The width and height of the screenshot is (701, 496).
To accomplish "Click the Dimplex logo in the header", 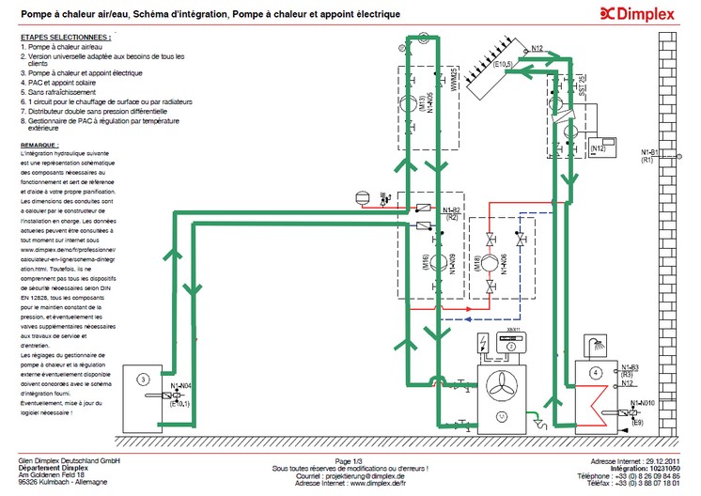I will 640,13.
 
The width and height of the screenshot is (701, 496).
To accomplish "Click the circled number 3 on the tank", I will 142,379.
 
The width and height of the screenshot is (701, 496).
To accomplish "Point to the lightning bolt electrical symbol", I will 483,341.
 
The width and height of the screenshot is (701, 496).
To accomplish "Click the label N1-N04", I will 182,385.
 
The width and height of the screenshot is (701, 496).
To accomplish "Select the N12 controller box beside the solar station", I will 600,147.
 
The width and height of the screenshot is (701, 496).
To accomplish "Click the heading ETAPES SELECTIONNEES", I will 64,37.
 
